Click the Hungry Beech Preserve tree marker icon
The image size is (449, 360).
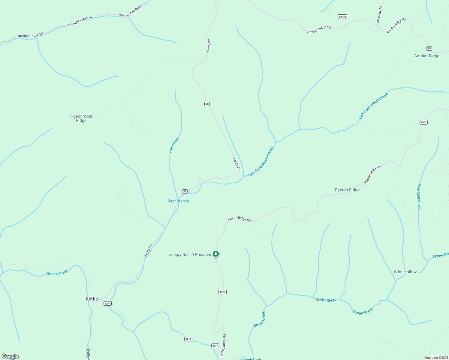(215, 254)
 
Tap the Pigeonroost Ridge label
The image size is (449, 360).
(81, 118)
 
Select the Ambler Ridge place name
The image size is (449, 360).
(426, 56)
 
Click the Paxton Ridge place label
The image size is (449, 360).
(347, 190)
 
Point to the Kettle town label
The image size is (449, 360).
(92, 299)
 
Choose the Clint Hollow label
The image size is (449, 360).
(405, 272)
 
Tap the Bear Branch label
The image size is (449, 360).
(178, 201)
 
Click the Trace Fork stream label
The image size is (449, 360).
(174, 145)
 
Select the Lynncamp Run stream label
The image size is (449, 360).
(419, 196)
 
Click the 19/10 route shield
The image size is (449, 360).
(342, 17)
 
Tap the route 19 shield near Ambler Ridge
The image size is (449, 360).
(429, 48)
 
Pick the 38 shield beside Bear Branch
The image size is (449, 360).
(185, 191)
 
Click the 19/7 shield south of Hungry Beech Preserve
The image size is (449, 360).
(222, 292)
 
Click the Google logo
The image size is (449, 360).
(10, 356)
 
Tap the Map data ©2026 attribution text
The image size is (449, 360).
(436, 358)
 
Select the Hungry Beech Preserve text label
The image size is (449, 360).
(190, 254)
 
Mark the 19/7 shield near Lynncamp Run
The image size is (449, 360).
(423, 122)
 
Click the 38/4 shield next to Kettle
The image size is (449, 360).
(107, 303)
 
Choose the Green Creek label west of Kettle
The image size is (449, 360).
(57, 273)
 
